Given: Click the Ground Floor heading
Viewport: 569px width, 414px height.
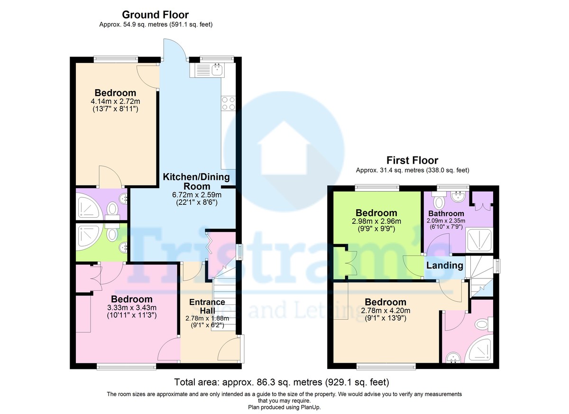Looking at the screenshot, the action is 155,15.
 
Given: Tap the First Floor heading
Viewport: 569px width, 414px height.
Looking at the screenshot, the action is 412,160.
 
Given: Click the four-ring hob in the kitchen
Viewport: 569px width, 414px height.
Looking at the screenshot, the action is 229,103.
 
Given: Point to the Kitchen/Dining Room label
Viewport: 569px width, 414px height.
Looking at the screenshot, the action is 196,181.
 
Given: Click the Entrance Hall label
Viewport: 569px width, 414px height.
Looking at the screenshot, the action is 207,306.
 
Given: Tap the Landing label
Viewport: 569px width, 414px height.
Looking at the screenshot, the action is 445,266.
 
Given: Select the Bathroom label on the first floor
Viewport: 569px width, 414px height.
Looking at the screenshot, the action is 446,213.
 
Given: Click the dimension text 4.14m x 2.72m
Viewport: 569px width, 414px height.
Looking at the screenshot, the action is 115,101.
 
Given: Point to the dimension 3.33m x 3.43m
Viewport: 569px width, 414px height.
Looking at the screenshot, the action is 132,308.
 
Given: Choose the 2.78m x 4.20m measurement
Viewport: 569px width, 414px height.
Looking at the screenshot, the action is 385,311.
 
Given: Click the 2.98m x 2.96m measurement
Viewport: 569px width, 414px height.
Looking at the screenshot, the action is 376,221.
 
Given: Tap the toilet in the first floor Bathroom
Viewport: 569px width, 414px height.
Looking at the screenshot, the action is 439,200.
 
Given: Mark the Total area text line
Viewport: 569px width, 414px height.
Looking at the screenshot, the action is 282,382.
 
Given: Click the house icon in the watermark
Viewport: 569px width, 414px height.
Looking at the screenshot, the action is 284,148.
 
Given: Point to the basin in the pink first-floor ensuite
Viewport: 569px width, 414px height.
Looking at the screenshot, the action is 453,358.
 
